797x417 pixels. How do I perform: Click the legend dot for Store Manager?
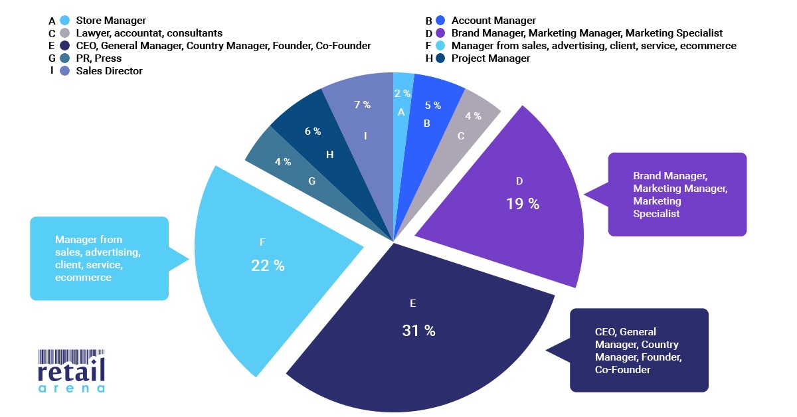[x=64, y=21]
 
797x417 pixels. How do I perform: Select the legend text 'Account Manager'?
[x=493, y=21]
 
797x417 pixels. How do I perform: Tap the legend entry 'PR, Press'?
[x=99, y=58]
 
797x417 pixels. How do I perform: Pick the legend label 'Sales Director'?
[x=109, y=71]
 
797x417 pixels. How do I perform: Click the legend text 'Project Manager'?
[x=491, y=58]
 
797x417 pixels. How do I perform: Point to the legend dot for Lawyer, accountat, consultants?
[x=64, y=33]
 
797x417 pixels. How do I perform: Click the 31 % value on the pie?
[x=418, y=331]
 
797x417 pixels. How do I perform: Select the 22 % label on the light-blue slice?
[x=268, y=266]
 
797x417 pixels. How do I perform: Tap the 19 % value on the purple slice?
[x=523, y=204]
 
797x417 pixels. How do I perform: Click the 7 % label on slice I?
[x=362, y=105]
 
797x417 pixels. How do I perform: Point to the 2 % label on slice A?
[x=402, y=94]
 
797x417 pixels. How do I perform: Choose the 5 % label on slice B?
[x=432, y=105]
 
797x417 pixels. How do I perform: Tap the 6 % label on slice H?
[x=312, y=131]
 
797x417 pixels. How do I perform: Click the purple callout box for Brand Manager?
[x=677, y=195]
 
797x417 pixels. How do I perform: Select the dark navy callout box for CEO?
[x=639, y=350]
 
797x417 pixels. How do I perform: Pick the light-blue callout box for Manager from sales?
[x=98, y=258]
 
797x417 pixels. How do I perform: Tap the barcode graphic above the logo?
[x=71, y=355]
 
